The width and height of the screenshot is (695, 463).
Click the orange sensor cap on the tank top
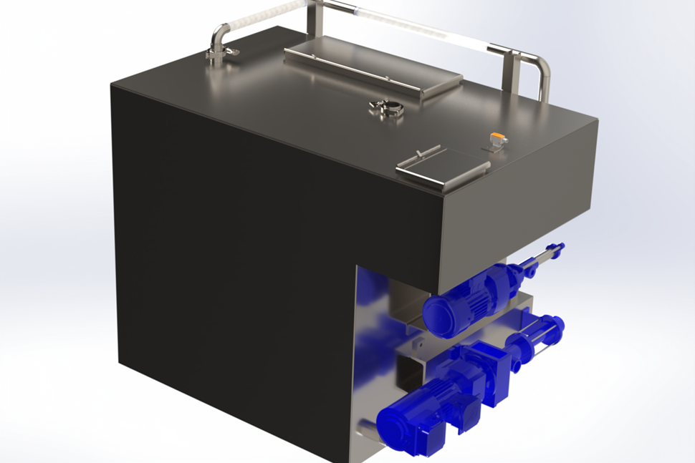click(x=496, y=135)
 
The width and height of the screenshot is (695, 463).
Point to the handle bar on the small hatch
click(x=428, y=152)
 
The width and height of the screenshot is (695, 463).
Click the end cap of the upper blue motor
click(x=437, y=316)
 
